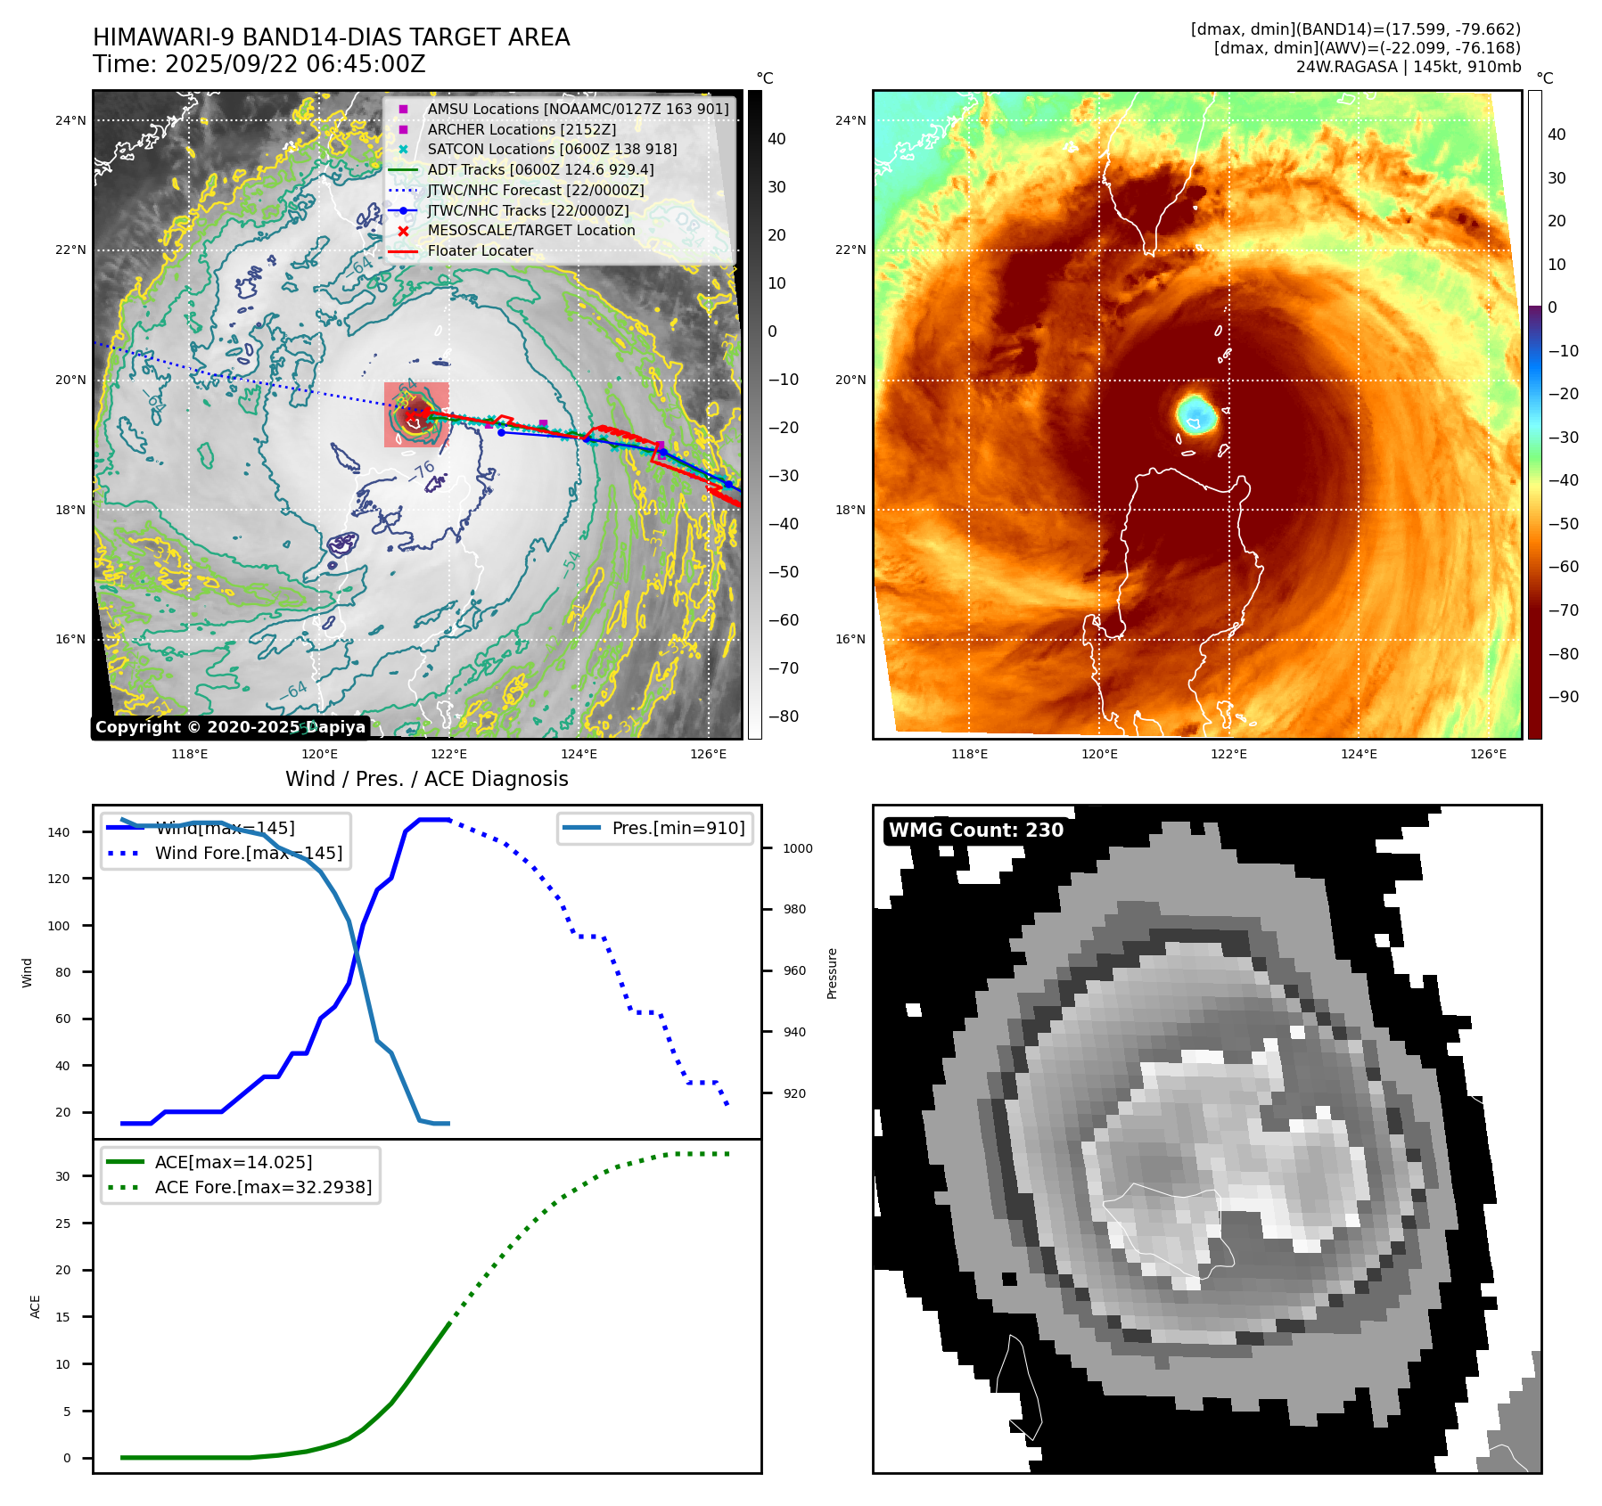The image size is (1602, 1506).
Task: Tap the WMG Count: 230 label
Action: [x=975, y=831]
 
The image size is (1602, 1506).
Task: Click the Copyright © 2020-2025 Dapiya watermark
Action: [x=230, y=727]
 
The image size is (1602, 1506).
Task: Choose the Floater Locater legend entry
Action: [x=480, y=251]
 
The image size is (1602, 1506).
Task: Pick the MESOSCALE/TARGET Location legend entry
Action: [x=530, y=231]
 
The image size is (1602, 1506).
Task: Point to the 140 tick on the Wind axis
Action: [x=59, y=832]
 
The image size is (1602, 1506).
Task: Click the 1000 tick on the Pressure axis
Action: [x=798, y=848]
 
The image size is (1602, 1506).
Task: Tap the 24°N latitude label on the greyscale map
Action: [x=70, y=120]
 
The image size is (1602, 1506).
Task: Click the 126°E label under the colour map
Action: [x=1488, y=754]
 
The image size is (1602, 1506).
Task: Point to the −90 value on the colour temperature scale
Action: [x=1563, y=697]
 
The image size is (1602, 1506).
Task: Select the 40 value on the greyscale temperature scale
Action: [x=776, y=139]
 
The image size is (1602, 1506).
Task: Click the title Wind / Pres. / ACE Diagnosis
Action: [x=426, y=779]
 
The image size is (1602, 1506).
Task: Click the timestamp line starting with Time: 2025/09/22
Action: [x=259, y=64]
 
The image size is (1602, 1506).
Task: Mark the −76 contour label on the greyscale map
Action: [x=422, y=471]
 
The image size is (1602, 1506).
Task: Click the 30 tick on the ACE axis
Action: [x=62, y=1176]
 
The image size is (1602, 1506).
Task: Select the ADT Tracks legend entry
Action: [x=540, y=169]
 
